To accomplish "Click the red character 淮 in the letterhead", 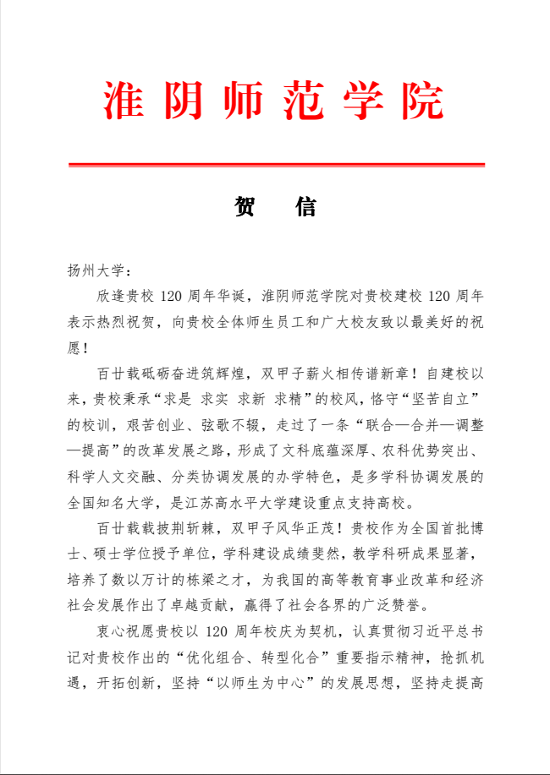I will click(x=124, y=101).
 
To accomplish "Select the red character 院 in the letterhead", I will click(x=423, y=101).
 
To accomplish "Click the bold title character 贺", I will click(x=245, y=207).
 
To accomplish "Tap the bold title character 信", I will click(x=306, y=207).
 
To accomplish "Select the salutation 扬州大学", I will click(x=95, y=271).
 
